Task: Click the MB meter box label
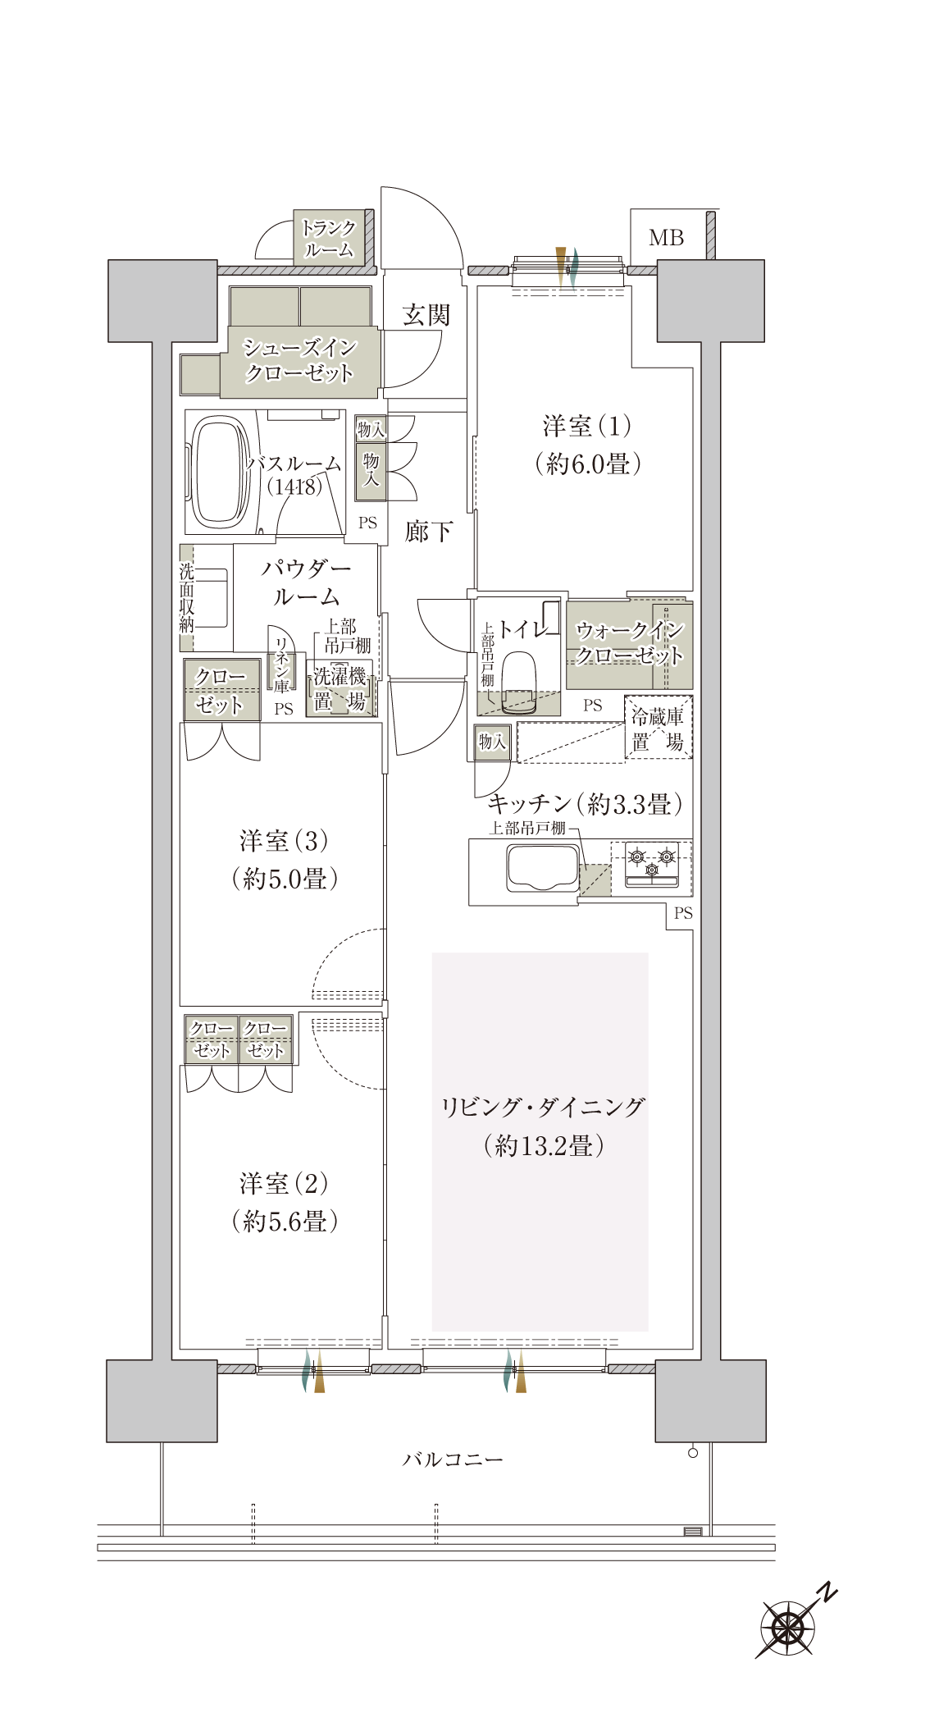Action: (x=666, y=238)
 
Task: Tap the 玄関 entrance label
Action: (x=426, y=314)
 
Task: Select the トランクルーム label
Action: (x=328, y=239)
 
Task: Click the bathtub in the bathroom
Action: (x=219, y=470)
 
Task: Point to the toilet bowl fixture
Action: (x=517, y=680)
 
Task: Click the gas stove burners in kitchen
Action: (x=652, y=863)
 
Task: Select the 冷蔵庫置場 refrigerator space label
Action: (x=657, y=729)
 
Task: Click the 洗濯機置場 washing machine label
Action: (x=340, y=689)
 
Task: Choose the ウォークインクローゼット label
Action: (x=630, y=642)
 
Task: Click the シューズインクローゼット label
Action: (x=299, y=360)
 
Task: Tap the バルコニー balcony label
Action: (x=453, y=1459)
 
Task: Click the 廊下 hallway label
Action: (x=428, y=532)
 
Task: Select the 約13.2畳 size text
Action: (x=544, y=1145)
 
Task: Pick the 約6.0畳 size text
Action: (x=588, y=464)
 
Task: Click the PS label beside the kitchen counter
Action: (x=683, y=913)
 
